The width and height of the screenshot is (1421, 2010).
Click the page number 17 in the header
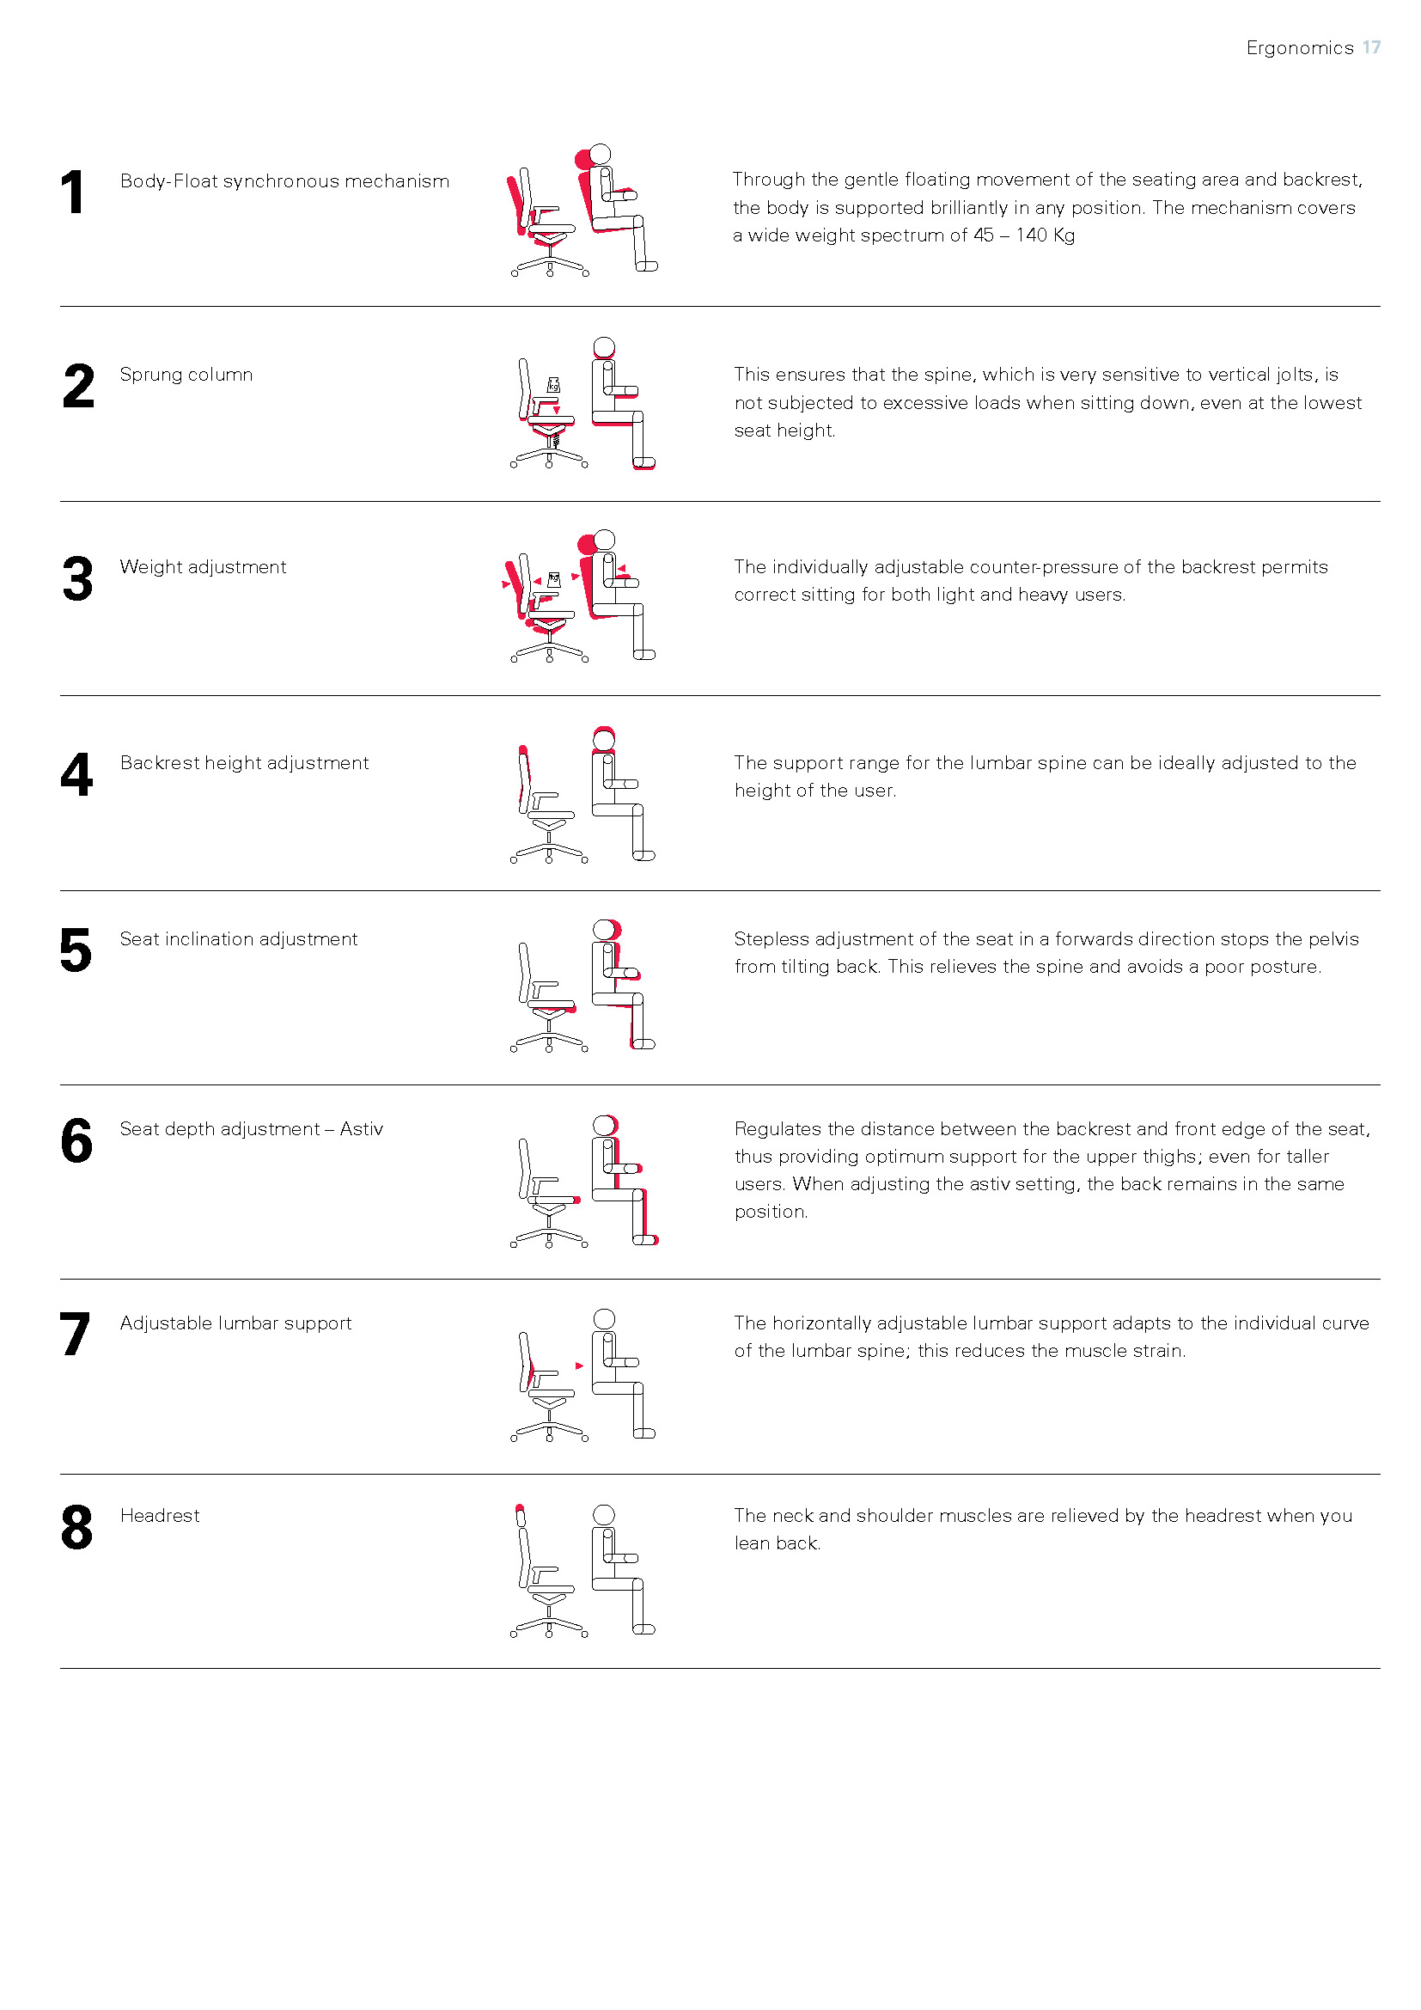[1371, 47]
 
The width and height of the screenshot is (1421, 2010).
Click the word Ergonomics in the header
[1300, 48]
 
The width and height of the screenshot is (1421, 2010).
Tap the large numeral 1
[74, 192]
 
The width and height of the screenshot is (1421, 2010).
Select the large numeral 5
[76, 950]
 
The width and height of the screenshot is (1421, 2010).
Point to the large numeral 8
[76, 1527]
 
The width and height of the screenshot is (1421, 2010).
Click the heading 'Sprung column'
[186, 375]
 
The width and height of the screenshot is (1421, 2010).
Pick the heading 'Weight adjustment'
[203, 567]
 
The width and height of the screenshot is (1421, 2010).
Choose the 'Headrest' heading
[159, 1515]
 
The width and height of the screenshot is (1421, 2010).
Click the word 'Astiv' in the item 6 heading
[362, 1128]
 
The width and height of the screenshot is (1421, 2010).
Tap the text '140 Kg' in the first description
[1045, 235]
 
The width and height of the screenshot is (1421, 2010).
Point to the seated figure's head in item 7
[604, 1319]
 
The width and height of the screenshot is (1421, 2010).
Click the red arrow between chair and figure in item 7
[579, 1365]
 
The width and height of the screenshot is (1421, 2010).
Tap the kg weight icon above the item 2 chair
[553, 384]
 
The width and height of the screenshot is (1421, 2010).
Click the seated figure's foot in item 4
[644, 855]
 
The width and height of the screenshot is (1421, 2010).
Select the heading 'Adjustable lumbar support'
[235, 1323]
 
